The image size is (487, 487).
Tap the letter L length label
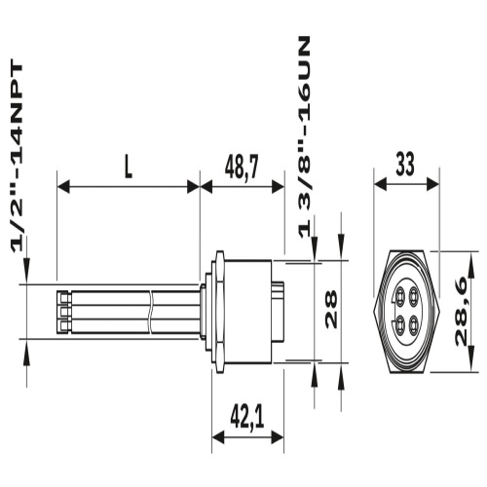(x=129, y=169)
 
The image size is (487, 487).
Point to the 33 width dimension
(x=405, y=165)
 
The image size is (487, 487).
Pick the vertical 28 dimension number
(x=331, y=309)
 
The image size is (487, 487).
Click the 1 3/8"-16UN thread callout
(x=304, y=137)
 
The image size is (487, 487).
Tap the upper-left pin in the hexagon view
(x=399, y=296)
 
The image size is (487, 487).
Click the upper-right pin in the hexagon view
(x=413, y=296)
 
